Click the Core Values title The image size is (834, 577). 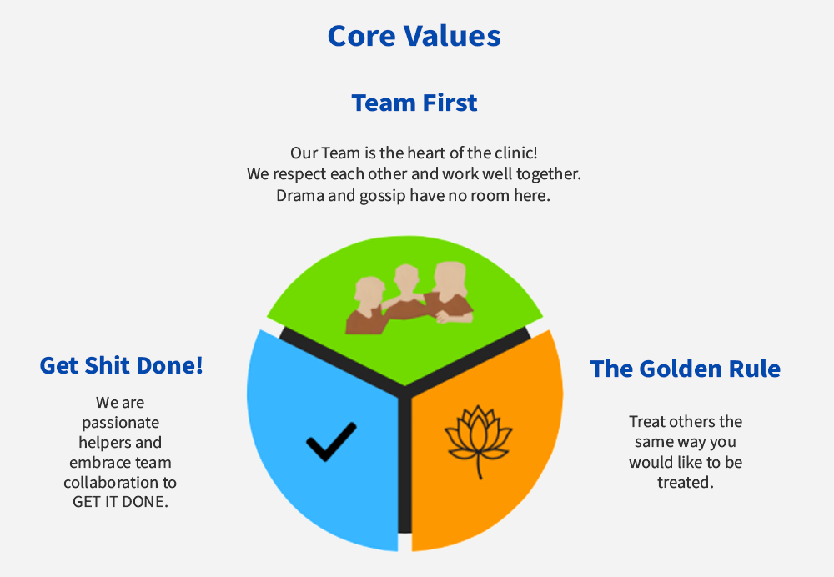[414, 36]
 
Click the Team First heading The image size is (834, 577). [414, 103]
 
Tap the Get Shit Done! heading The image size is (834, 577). [121, 365]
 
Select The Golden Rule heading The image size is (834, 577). [685, 369]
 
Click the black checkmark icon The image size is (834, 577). [331, 441]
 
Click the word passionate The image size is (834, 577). [121, 423]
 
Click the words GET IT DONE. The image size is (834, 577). [120, 502]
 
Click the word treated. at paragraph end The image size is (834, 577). [685, 482]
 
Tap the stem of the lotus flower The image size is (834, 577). [479, 466]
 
